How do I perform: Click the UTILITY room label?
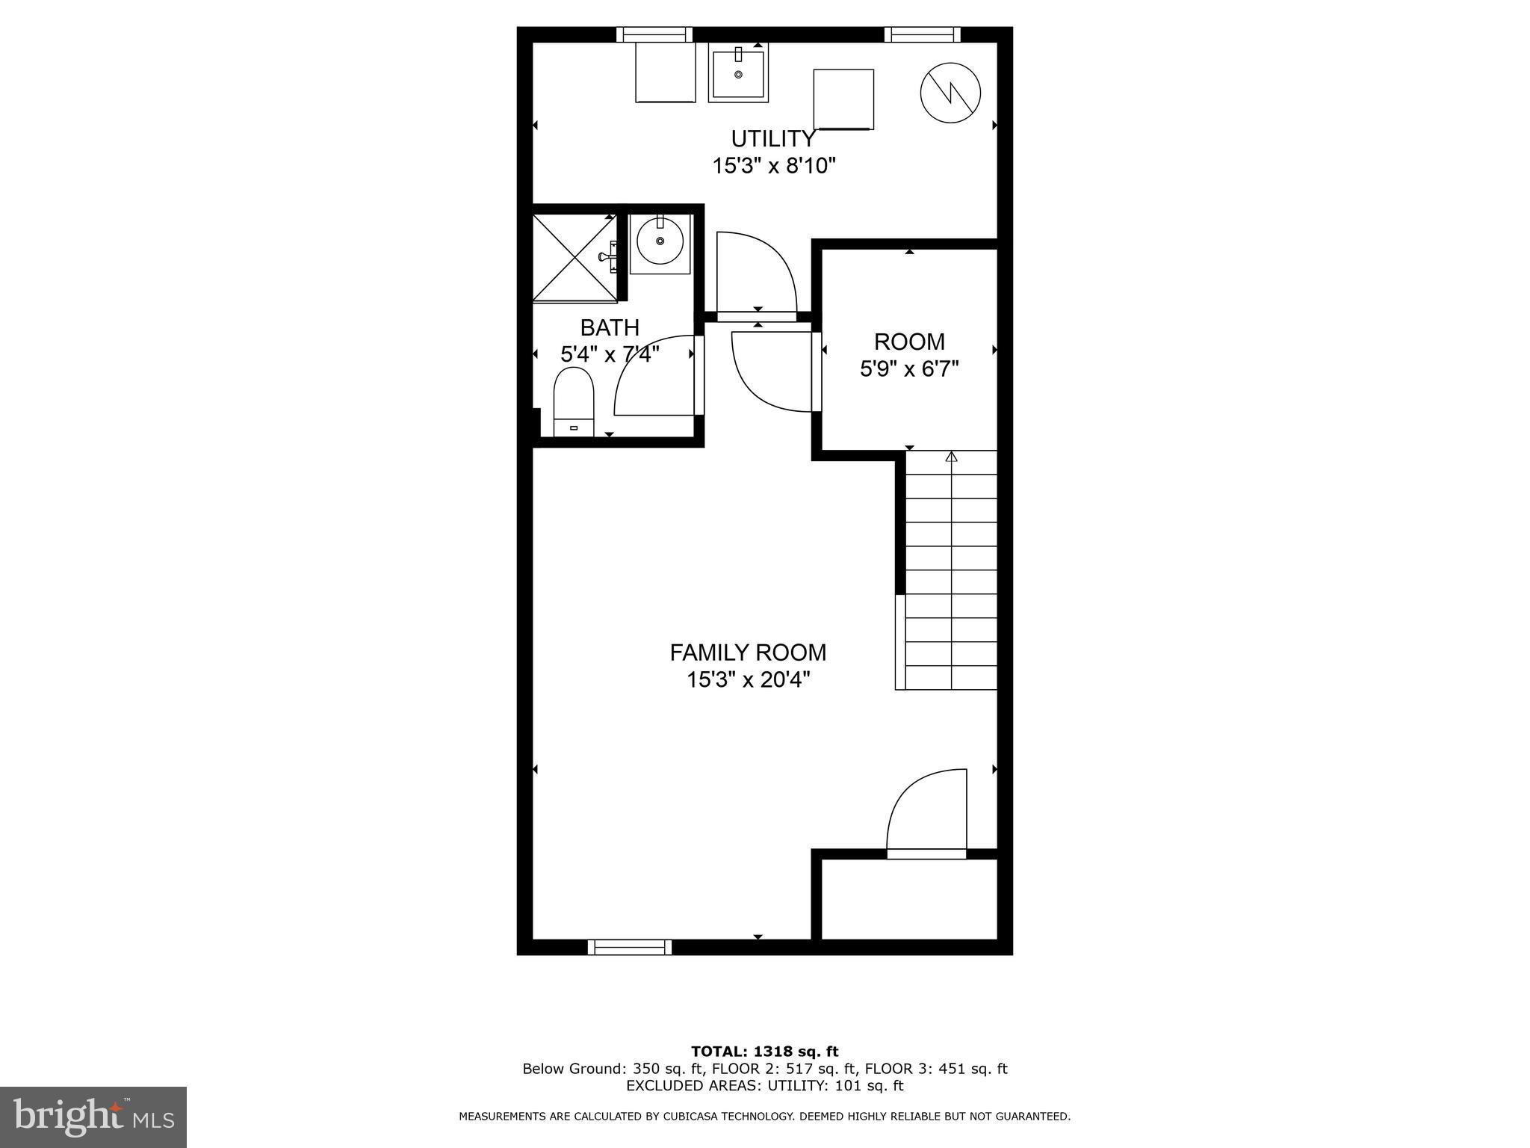pyautogui.click(x=772, y=139)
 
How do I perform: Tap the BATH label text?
pyautogui.click(x=610, y=327)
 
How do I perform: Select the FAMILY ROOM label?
pyautogui.click(x=748, y=652)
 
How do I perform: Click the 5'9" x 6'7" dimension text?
pyautogui.click(x=909, y=369)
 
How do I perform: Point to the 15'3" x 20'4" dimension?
pyautogui.click(x=748, y=680)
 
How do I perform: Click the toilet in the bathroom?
pyautogui.click(x=573, y=402)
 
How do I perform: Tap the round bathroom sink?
pyautogui.click(x=660, y=242)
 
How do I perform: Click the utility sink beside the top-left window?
pyautogui.click(x=738, y=73)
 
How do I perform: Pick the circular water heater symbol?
pyautogui.click(x=950, y=93)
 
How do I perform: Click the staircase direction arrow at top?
pyautogui.click(x=951, y=457)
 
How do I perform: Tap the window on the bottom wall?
pyautogui.click(x=630, y=947)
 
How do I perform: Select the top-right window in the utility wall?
pyautogui.click(x=922, y=34)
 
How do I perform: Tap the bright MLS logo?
pyautogui.click(x=93, y=1117)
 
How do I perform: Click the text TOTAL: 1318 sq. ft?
pyautogui.click(x=765, y=1052)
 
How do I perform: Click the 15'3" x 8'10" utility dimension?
pyautogui.click(x=773, y=166)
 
